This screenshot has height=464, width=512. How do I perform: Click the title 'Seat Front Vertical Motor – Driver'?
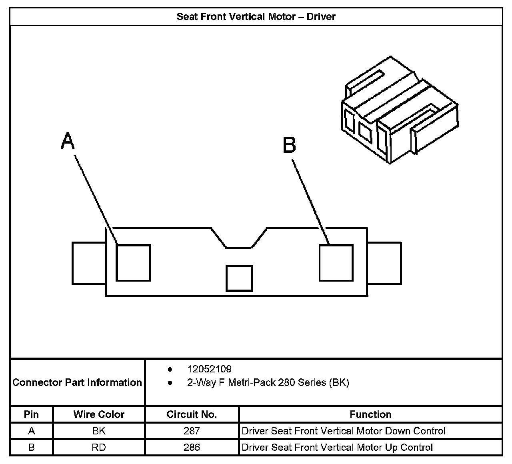(x=256, y=17)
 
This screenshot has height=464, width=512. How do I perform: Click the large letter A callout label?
(x=68, y=142)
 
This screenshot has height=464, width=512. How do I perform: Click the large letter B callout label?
(x=289, y=145)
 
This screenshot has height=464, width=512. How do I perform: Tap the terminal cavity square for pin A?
(x=133, y=263)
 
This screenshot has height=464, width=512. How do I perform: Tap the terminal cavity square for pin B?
(x=336, y=263)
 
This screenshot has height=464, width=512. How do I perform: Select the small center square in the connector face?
(x=239, y=278)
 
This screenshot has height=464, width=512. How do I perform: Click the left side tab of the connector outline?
(x=88, y=263)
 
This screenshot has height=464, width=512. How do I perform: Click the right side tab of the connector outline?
(x=384, y=263)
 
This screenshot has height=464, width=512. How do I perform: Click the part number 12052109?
(x=209, y=369)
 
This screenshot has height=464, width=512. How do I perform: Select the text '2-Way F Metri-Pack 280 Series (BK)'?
(x=268, y=383)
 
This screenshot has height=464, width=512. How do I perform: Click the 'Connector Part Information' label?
(x=77, y=382)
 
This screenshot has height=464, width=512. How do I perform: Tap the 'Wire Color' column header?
(x=99, y=414)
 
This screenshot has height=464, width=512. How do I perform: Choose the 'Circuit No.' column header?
(x=192, y=414)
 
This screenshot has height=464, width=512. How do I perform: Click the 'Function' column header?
(x=370, y=414)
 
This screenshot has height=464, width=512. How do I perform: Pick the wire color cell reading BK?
(x=99, y=431)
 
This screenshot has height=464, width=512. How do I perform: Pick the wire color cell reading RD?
(x=99, y=447)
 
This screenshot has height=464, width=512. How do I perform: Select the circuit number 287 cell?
(x=192, y=431)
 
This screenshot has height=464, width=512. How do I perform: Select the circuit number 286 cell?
(x=192, y=447)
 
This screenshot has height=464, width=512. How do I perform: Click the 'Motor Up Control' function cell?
(x=337, y=447)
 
